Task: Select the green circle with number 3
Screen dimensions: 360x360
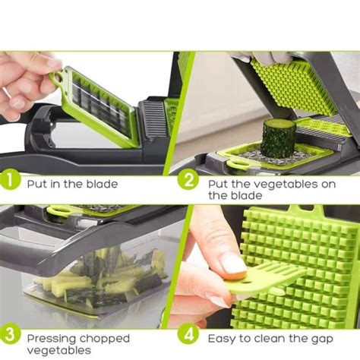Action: (x=10, y=335)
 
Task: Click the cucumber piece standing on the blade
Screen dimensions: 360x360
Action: (x=279, y=137)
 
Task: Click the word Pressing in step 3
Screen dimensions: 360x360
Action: (x=49, y=338)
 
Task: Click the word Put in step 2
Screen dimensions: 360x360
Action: (x=217, y=183)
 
